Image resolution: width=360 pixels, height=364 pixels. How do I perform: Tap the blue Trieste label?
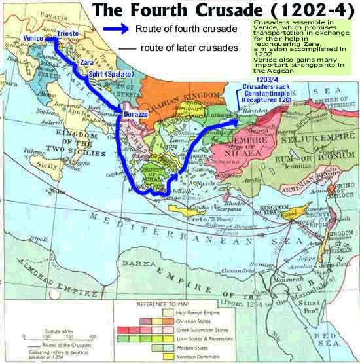(68, 32)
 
